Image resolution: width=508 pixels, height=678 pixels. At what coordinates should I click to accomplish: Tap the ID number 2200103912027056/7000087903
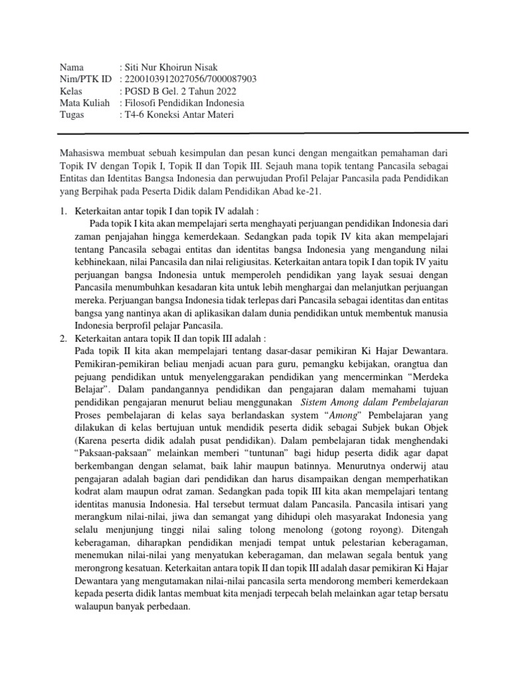188,80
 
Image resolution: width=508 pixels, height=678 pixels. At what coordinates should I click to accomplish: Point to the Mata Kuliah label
83,104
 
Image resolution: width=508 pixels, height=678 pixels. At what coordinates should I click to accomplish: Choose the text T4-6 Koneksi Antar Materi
177,116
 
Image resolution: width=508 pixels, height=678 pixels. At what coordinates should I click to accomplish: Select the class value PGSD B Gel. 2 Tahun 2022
178,92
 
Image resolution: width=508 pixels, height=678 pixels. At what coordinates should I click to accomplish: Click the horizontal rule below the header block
264,133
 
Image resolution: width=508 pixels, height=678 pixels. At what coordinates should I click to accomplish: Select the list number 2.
63,338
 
